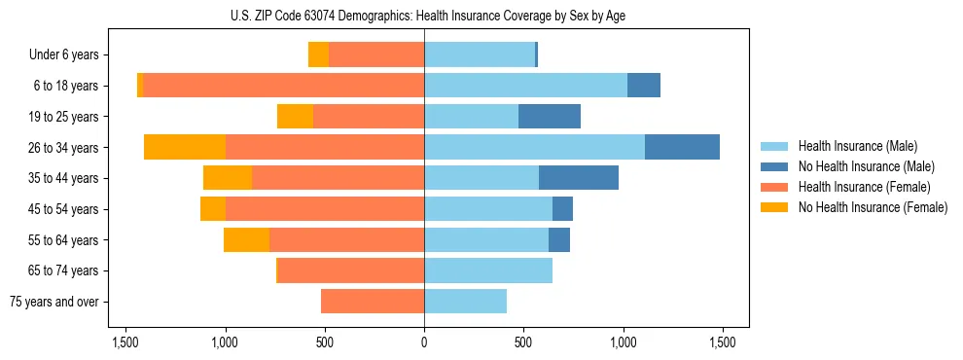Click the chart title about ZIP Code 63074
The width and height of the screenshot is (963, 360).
click(424, 15)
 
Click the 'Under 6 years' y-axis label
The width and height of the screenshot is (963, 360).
click(64, 55)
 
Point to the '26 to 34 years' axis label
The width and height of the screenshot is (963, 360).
click(63, 148)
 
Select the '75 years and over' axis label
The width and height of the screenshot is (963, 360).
click(54, 302)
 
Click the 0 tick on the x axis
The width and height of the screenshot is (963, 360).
click(424, 342)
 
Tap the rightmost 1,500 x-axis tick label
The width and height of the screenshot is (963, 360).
click(722, 342)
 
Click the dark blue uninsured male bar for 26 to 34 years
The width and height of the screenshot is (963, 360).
click(682, 147)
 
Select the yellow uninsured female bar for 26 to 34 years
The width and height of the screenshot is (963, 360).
click(185, 147)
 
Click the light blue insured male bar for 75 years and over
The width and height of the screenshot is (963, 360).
click(465, 302)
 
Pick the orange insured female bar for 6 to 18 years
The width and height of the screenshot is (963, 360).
click(283, 86)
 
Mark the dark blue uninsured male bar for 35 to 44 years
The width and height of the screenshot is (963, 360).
click(579, 178)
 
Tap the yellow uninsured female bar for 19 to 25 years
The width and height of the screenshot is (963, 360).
click(295, 117)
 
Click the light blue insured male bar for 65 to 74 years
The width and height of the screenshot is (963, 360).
click(488, 270)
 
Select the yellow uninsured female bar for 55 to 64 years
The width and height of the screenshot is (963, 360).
click(246, 240)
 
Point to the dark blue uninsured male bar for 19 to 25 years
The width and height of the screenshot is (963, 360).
click(550, 117)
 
